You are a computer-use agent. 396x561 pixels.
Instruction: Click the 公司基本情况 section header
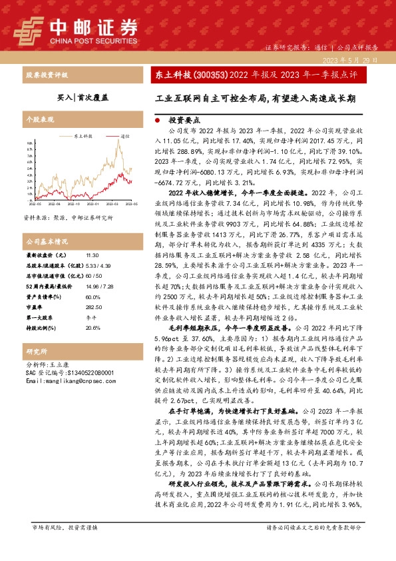(47, 241)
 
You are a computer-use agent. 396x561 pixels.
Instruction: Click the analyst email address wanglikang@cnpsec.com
(70, 381)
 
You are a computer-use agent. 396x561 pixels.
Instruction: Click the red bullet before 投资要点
(157, 122)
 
